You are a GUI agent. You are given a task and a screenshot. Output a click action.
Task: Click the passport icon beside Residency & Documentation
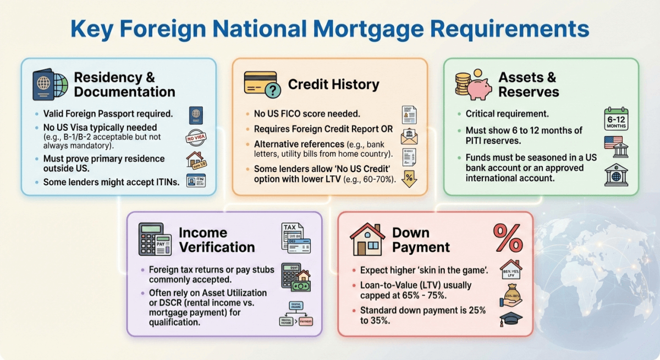pos(50,85)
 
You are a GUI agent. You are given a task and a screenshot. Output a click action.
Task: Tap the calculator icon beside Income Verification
pos(151,239)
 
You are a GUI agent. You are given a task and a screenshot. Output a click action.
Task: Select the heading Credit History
pos(333,85)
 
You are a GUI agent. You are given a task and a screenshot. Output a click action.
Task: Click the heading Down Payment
pos(421,240)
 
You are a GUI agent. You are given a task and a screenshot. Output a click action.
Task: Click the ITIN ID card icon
pos(196,180)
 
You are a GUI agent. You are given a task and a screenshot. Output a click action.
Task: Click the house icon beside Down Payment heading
pos(367,239)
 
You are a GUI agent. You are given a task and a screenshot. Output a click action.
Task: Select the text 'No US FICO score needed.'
pos(307,114)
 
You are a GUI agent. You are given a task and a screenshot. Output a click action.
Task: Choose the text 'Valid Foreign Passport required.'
pos(108,114)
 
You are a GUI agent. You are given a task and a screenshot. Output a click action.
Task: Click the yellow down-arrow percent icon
pos(409,179)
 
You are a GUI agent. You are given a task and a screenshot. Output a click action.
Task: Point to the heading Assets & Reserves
pos(528,84)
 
